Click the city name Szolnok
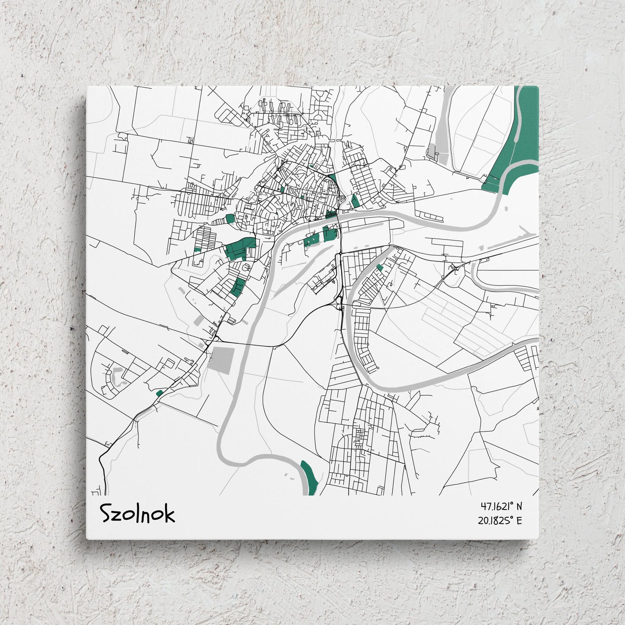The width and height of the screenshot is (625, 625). [x=138, y=514]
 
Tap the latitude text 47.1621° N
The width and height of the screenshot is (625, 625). [x=501, y=506]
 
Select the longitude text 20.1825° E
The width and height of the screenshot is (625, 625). [x=500, y=520]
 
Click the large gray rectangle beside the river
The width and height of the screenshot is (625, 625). [x=221, y=360]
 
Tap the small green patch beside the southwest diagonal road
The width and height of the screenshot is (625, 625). [x=159, y=393]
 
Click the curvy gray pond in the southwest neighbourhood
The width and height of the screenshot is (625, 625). [x=117, y=377]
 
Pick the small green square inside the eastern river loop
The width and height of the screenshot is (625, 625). [x=379, y=268]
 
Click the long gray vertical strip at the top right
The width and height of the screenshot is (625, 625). [x=442, y=125]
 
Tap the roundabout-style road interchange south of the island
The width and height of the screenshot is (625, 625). [x=339, y=305]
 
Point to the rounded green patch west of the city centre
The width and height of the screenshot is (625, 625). [x=230, y=218]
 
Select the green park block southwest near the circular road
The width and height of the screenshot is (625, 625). [x=237, y=286]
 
